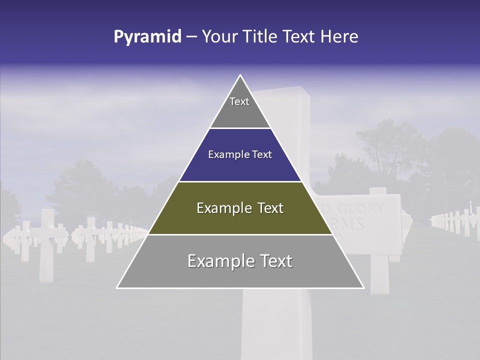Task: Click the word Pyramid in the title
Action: [147, 37]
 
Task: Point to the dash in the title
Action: [191, 37]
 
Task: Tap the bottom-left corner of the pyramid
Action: [117, 287]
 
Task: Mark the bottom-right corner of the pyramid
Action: [363, 287]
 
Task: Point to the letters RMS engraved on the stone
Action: [352, 223]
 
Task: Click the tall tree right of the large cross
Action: [385, 145]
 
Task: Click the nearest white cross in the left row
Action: [47, 245]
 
